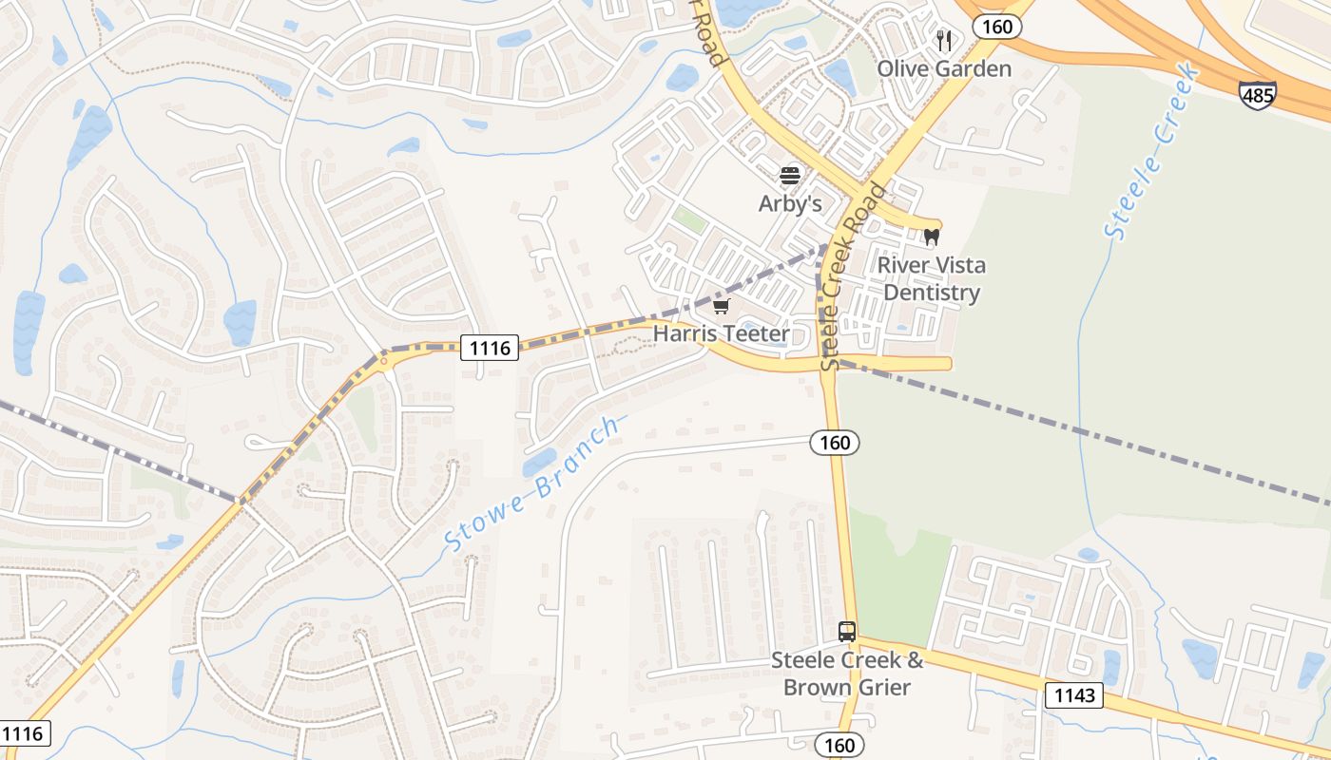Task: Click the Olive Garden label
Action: coord(944,68)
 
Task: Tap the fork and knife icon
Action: coord(944,40)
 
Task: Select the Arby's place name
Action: coord(790,203)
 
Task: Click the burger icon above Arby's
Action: coord(790,175)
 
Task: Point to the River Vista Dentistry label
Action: coord(932,278)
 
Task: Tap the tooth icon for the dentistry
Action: coord(932,237)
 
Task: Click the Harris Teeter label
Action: coord(722,333)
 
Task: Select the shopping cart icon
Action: coord(722,306)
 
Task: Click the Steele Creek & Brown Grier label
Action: coord(847,674)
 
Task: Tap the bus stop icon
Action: coord(847,631)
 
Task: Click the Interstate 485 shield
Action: coord(1257,95)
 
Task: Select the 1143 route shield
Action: coord(1075,695)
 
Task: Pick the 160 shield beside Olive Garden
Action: coord(997,27)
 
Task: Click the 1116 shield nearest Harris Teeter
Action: coord(490,348)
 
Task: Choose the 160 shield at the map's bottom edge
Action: coord(839,745)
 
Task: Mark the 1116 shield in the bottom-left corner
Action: coord(24,732)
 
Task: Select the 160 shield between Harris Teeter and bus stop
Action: coord(835,442)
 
